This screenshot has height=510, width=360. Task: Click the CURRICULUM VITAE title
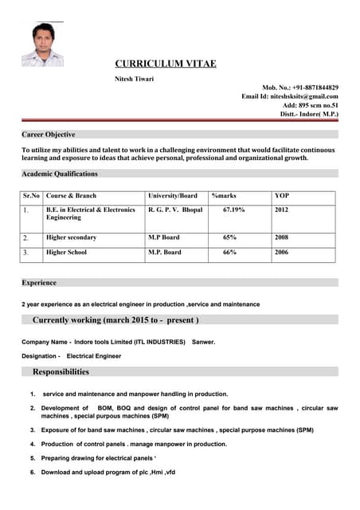tap(166, 64)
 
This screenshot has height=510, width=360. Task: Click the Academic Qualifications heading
tap(60, 174)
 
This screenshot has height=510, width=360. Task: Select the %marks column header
tap(224, 196)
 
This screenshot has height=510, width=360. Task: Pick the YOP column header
tap(282, 196)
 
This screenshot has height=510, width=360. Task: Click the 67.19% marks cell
tap(233, 210)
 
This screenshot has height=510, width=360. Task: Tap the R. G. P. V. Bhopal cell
tap(175, 210)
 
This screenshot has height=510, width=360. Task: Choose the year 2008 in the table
tap(281, 237)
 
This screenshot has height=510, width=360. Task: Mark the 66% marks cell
tap(229, 253)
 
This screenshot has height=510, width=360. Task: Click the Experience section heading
tap(39, 283)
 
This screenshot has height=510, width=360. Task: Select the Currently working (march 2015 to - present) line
tap(115, 320)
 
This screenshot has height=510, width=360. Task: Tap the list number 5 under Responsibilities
tap(33, 458)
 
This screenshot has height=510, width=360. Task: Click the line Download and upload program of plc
tap(108, 473)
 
